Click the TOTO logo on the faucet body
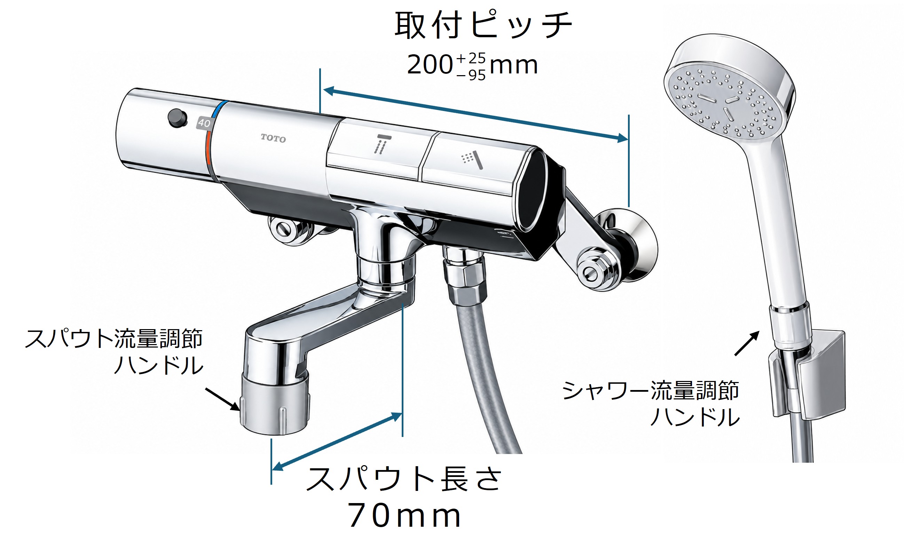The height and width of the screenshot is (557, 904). coord(273,138)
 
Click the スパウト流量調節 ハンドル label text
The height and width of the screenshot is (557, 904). coord(114,352)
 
